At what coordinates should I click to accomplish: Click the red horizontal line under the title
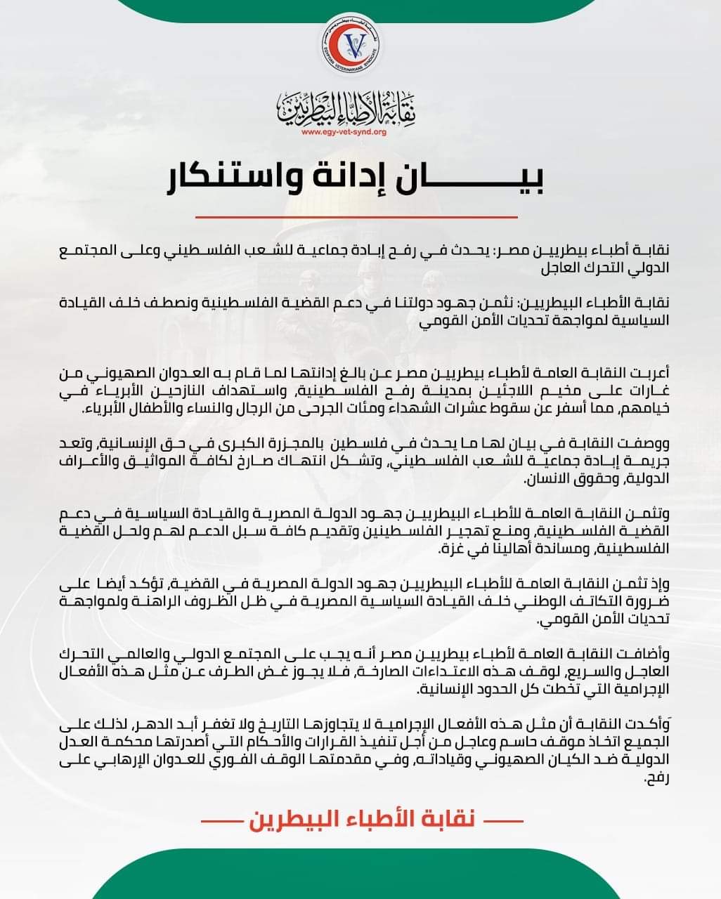(x=360, y=217)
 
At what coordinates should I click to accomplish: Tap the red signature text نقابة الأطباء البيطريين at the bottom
(x=359, y=820)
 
